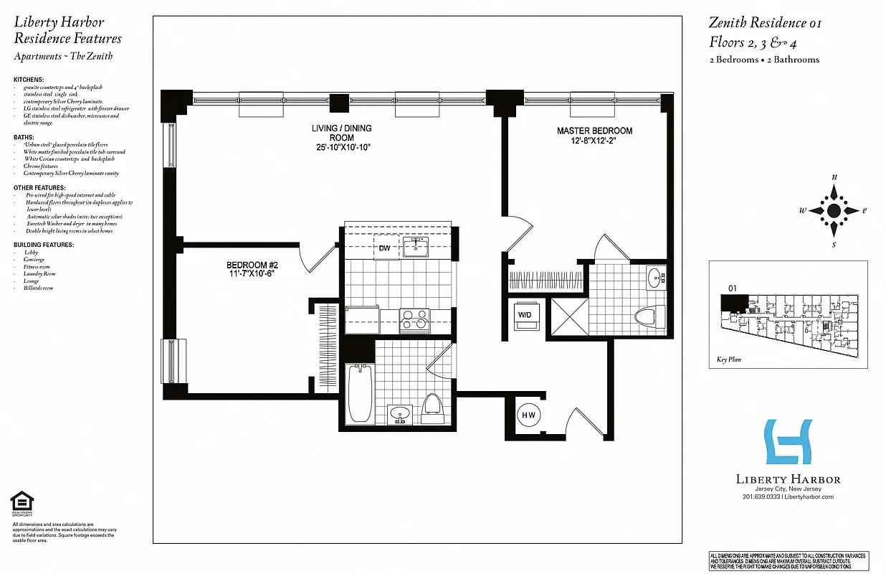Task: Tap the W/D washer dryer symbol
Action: (x=526, y=314)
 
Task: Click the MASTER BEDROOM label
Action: (x=595, y=131)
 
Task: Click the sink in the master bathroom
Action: (x=655, y=278)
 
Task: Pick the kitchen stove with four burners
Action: (x=414, y=319)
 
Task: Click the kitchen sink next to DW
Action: (x=415, y=248)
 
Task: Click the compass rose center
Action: (x=834, y=210)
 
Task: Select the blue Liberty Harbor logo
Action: (x=789, y=443)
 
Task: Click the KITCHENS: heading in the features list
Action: (x=29, y=79)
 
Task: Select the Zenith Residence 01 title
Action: (x=765, y=23)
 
